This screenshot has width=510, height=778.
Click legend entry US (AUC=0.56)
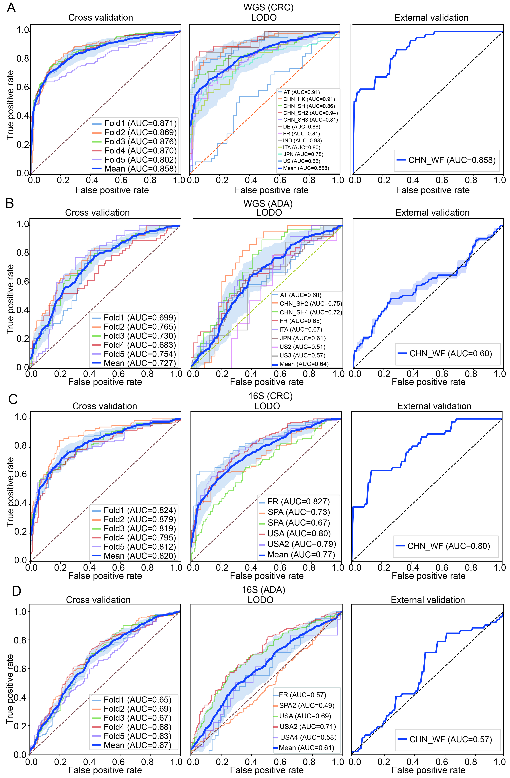pyautogui.click(x=301, y=161)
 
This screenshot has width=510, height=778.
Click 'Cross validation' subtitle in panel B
pyautogui.click(x=97, y=213)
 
